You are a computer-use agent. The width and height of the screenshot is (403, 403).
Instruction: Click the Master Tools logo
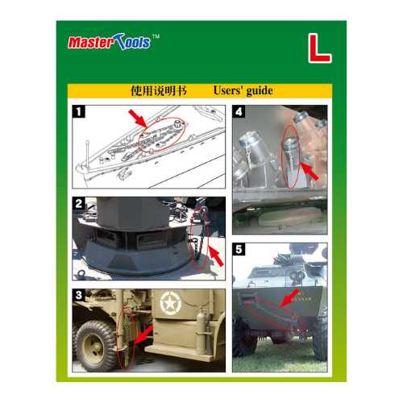coord(109,42)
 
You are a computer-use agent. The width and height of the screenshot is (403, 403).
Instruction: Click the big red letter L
coord(319,48)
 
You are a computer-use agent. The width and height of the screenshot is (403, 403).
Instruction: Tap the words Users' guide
coord(243,91)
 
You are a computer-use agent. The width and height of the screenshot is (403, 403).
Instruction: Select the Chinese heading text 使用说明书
coord(159,91)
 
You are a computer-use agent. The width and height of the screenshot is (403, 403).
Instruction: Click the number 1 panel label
coord(79,111)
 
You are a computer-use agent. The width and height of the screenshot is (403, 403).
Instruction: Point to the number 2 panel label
coord(79,203)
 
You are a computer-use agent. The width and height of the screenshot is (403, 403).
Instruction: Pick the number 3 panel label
coord(79,295)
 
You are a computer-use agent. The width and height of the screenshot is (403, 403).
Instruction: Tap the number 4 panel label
coord(239,111)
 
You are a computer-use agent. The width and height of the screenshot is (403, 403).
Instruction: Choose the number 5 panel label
coord(239,249)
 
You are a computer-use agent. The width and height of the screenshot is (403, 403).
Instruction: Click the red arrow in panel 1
coord(138,118)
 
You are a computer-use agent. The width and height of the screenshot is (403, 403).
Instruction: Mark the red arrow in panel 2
coord(216,256)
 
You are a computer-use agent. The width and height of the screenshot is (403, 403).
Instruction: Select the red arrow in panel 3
coord(143,334)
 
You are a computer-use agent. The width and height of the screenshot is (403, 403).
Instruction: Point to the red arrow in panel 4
coord(309,171)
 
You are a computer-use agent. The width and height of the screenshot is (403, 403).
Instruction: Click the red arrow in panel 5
coord(289,298)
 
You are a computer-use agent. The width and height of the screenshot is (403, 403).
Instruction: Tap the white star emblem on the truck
coord(170,303)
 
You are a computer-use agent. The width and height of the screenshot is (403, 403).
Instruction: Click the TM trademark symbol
coord(156,36)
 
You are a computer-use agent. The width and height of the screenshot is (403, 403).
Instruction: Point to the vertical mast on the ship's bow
coord(87,154)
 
